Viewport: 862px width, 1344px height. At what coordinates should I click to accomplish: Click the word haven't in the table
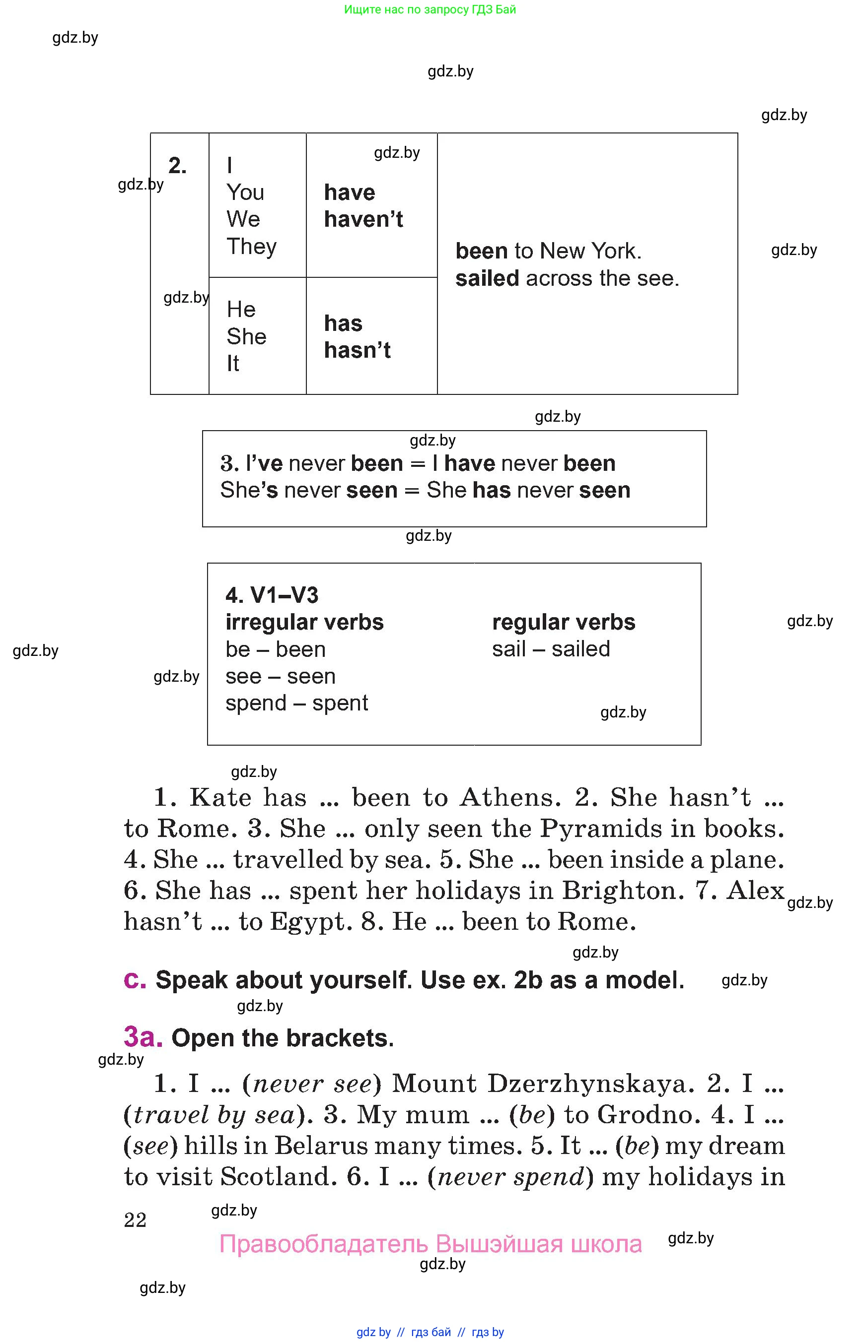tap(363, 219)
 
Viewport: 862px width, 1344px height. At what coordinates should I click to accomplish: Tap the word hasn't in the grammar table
tap(357, 350)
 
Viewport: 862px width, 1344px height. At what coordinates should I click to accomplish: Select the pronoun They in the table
tap(251, 247)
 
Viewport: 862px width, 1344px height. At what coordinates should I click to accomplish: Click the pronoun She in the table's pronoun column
tap(246, 336)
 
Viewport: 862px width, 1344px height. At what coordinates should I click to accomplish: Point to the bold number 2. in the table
tap(177, 166)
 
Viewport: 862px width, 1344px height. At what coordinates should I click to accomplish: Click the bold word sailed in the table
tap(487, 278)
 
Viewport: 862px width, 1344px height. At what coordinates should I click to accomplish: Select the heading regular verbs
tap(564, 622)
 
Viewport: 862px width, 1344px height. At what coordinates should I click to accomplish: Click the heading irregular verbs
tap(304, 622)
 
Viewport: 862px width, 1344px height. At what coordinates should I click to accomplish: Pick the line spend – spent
tap(296, 703)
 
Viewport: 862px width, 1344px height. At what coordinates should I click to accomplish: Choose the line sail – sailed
tap(551, 649)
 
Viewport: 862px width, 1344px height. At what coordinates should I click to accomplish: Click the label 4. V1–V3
tap(272, 595)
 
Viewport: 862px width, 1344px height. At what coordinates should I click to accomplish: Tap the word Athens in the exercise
tap(509, 798)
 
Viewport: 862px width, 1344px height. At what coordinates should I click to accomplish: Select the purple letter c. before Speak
tap(135, 979)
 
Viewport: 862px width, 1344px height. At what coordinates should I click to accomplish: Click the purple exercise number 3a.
tap(143, 1037)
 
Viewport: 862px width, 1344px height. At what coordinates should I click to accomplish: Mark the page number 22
tap(135, 1220)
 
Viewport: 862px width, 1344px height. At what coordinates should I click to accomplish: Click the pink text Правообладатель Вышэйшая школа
tap(431, 1244)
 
